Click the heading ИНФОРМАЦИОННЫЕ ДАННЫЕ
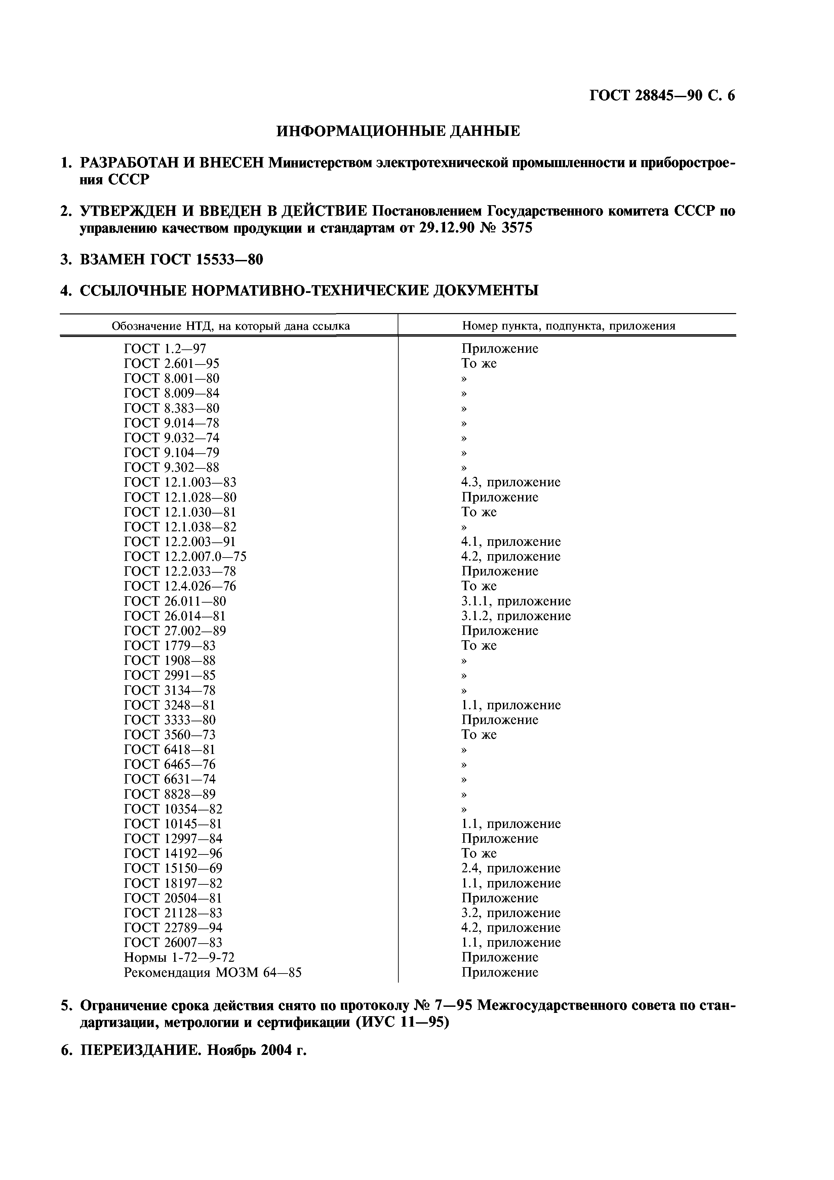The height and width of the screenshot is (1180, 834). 398,131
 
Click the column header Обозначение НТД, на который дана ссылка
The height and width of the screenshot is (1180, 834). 231,326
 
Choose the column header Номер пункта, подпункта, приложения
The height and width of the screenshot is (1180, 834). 568,326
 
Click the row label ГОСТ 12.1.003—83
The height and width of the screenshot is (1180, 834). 180,483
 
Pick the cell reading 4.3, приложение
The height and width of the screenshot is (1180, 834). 510,483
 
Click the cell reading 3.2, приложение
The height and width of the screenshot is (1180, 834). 510,913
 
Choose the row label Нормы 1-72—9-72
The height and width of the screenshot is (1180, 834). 179,958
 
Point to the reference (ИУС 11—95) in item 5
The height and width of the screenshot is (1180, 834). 402,1023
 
